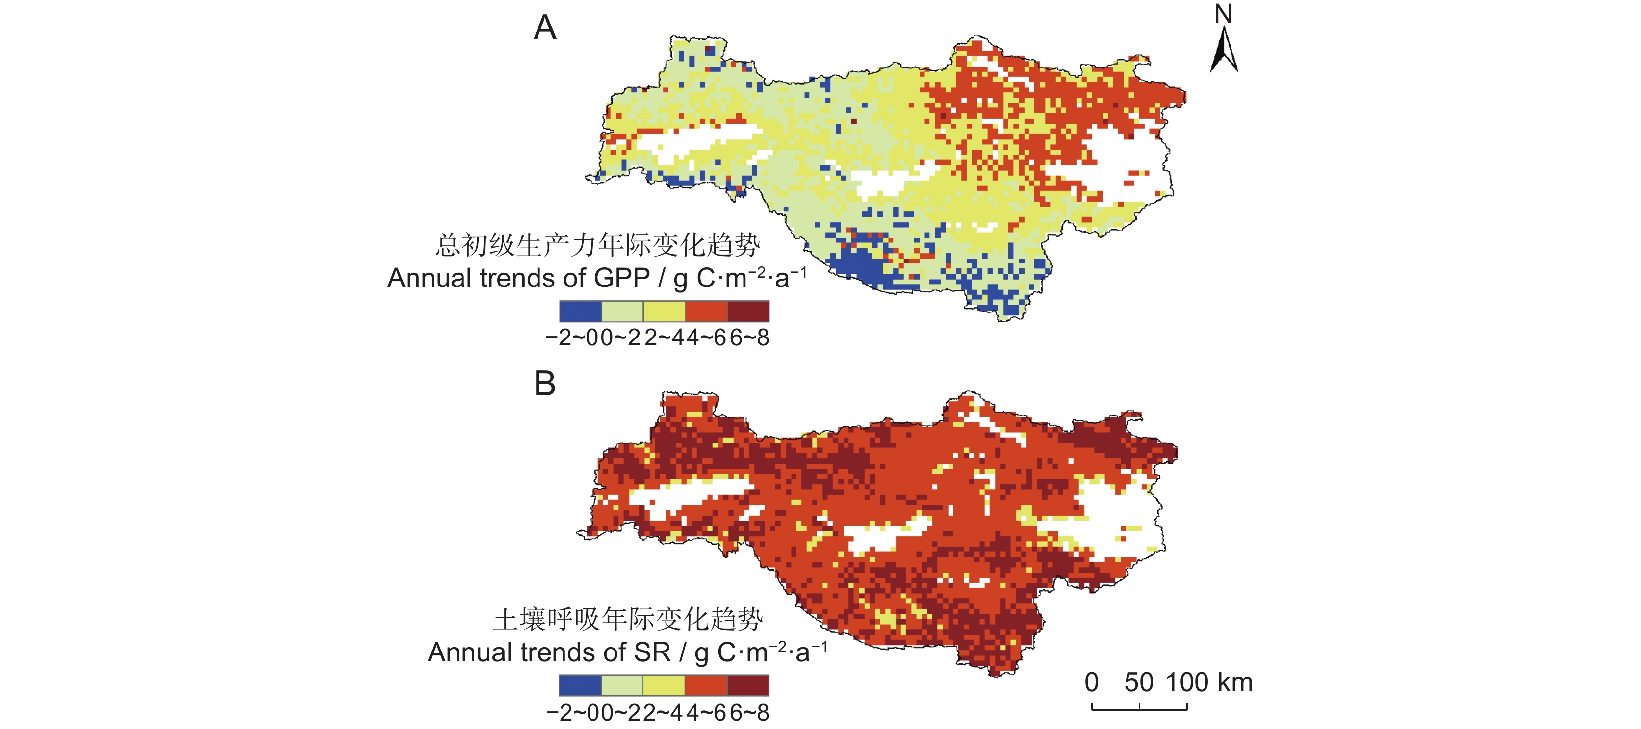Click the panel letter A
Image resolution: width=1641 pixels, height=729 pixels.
pos(545,28)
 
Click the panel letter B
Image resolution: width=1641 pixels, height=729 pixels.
pos(545,384)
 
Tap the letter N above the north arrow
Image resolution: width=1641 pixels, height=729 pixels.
pos(1223,14)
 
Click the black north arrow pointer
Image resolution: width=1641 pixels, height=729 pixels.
pos(1224,50)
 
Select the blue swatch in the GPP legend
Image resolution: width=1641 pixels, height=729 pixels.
pos(580,311)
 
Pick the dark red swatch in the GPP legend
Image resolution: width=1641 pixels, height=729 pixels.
pos(748,311)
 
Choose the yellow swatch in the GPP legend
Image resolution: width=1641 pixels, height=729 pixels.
pos(665,311)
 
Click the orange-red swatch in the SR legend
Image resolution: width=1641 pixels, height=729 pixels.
pos(706,685)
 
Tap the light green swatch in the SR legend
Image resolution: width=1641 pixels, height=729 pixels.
pos(622,685)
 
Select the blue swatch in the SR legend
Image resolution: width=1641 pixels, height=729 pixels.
pos(580,685)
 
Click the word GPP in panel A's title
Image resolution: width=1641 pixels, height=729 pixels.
pos(622,279)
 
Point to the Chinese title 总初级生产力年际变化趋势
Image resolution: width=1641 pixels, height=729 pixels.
pos(597,245)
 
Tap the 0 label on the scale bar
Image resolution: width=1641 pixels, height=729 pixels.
pos(1091,682)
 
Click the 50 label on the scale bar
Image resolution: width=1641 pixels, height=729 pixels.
pos(1138,682)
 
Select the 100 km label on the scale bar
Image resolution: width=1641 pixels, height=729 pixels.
pos(1209,682)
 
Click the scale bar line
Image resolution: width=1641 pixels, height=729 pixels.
pos(1139,708)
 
